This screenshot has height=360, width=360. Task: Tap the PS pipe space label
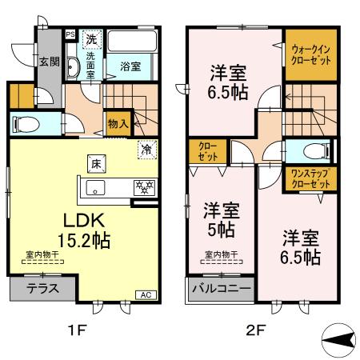click(70, 34)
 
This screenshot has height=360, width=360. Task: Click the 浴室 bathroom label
click(130, 67)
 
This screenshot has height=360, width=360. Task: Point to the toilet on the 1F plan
click(26, 124)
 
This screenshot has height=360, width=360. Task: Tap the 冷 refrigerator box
click(146, 149)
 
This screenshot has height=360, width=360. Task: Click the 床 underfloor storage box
click(94, 164)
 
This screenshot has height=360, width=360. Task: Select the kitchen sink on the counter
click(94, 190)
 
